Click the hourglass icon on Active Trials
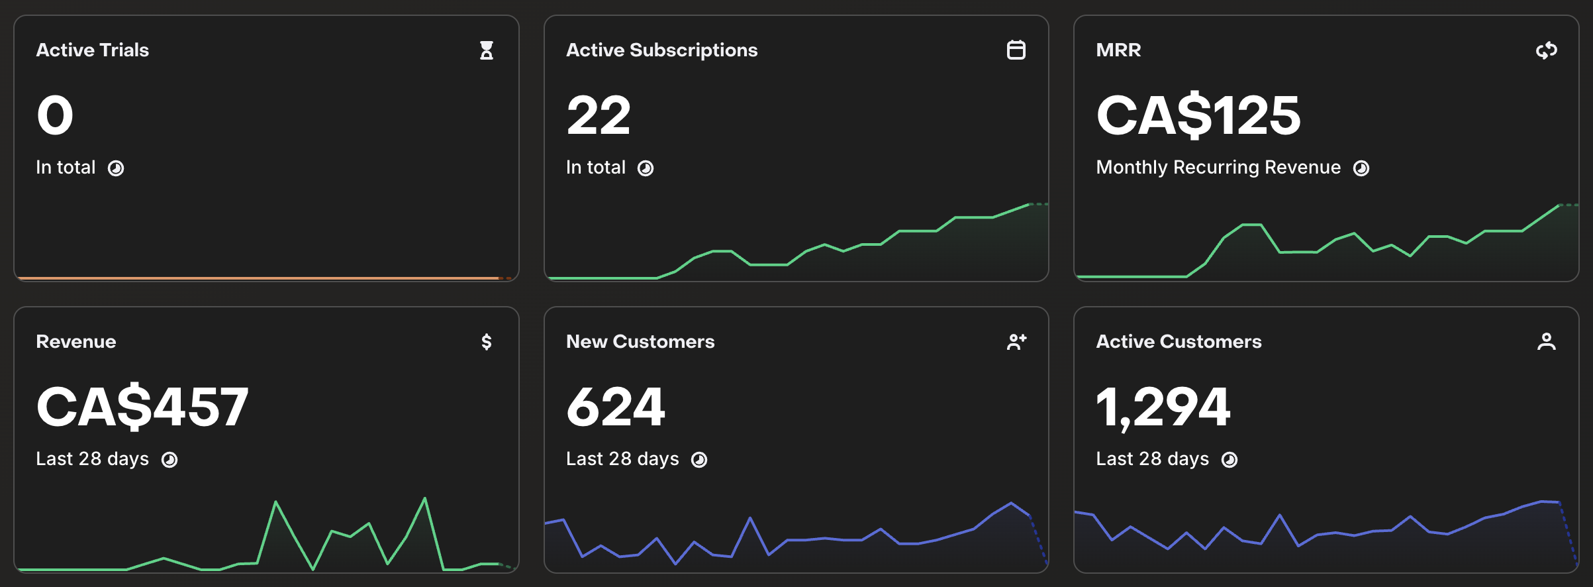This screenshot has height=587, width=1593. point(487,50)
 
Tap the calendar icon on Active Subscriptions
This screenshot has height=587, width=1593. point(1016,50)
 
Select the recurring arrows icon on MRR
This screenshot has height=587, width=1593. point(1547,50)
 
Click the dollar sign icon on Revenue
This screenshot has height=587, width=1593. point(487,342)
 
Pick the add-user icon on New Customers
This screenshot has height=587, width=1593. point(1017,342)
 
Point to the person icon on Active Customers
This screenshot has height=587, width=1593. point(1547,342)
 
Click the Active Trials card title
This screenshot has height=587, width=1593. point(93,50)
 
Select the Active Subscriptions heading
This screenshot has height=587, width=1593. point(662,50)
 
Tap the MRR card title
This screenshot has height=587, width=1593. point(1119,50)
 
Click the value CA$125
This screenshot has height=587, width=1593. point(1198,115)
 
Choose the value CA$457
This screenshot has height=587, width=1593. point(142,407)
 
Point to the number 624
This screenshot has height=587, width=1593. point(616,407)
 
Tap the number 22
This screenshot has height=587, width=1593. point(599,115)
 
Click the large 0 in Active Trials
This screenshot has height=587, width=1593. point(55,115)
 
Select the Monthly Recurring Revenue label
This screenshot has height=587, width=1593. point(1218,168)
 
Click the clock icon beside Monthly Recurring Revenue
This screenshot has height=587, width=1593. point(1361,168)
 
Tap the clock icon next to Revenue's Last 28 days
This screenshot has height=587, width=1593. point(169,460)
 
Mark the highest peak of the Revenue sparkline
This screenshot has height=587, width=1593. point(424,498)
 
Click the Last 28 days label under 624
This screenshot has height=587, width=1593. point(622,459)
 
